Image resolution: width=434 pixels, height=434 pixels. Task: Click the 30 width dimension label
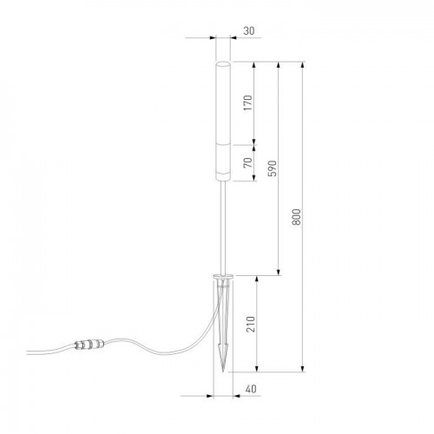click(250, 31)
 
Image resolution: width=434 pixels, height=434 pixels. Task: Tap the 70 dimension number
click(247, 162)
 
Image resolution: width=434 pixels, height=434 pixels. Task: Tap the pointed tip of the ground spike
click(224, 373)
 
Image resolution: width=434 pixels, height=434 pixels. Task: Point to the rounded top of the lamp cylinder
click(223, 63)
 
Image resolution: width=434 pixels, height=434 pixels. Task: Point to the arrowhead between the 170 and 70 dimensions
click(253, 141)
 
